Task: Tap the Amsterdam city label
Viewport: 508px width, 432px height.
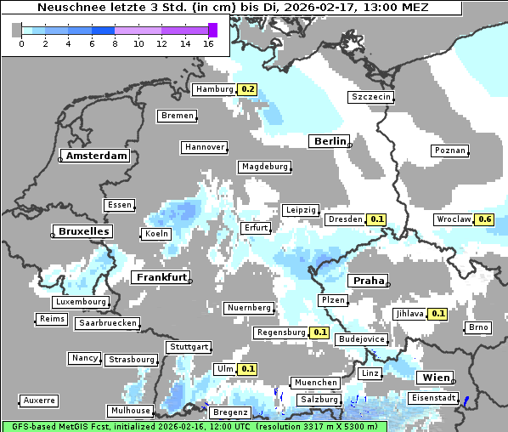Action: coord(96,156)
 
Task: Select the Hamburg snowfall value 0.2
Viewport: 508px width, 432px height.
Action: coord(247,89)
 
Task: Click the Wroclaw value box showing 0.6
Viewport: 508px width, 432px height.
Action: coord(485,219)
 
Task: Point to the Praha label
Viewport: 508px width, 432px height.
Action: coord(368,281)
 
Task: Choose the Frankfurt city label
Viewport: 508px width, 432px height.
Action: coord(161,277)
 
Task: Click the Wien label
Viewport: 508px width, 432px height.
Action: coord(434,378)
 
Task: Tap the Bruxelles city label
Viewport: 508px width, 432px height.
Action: coord(82,231)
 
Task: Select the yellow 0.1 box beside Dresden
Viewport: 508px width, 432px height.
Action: coord(377,219)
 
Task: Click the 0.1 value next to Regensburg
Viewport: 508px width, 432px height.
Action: coord(319,333)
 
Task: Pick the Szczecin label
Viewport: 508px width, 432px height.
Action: coord(371,97)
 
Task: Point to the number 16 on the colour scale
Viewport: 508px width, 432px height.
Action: coord(209,43)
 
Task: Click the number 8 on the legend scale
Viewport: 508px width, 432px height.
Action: coord(115,43)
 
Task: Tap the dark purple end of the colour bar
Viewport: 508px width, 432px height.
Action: coord(212,30)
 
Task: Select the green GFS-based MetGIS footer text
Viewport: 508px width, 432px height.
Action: coord(194,426)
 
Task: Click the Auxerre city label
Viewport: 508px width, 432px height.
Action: coord(39,401)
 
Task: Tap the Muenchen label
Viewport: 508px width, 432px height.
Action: coord(314,383)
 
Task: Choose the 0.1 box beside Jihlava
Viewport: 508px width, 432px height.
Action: coord(437,314)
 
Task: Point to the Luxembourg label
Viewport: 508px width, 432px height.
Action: coord(81,302)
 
